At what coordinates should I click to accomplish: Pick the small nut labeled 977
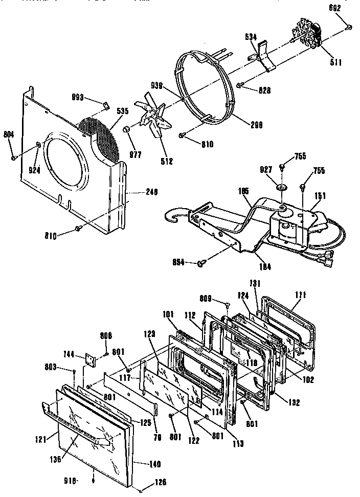[x=127, y=134]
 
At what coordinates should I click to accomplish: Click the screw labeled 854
[x=200, y=264]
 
